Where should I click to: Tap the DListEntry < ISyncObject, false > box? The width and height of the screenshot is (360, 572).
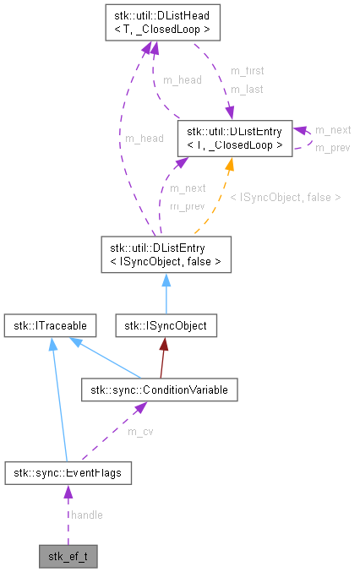point(165,255)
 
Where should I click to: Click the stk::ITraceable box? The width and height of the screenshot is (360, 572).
point(49,324)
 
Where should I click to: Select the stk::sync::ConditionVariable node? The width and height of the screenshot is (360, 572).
point(159,389)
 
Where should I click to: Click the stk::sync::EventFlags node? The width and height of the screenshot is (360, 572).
point(68,473)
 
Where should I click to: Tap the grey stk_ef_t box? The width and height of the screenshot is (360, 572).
point(68,557)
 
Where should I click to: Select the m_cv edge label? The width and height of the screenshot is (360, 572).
point(139,432)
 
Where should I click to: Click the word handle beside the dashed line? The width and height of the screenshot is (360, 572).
point(87,515)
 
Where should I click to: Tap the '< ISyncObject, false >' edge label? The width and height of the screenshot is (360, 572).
point(285,197)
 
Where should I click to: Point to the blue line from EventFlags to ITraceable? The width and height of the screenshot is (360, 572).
point(59,397)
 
